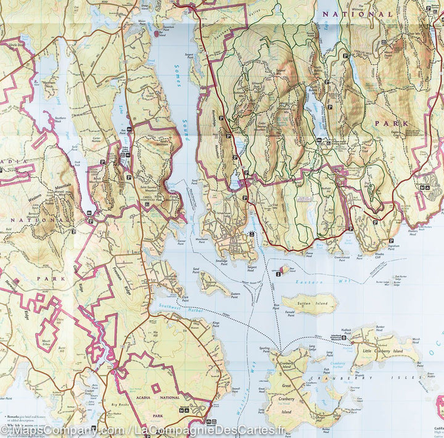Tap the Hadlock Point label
point(343,331)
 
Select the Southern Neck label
point(59,120)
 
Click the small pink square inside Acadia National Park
point(155,387)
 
